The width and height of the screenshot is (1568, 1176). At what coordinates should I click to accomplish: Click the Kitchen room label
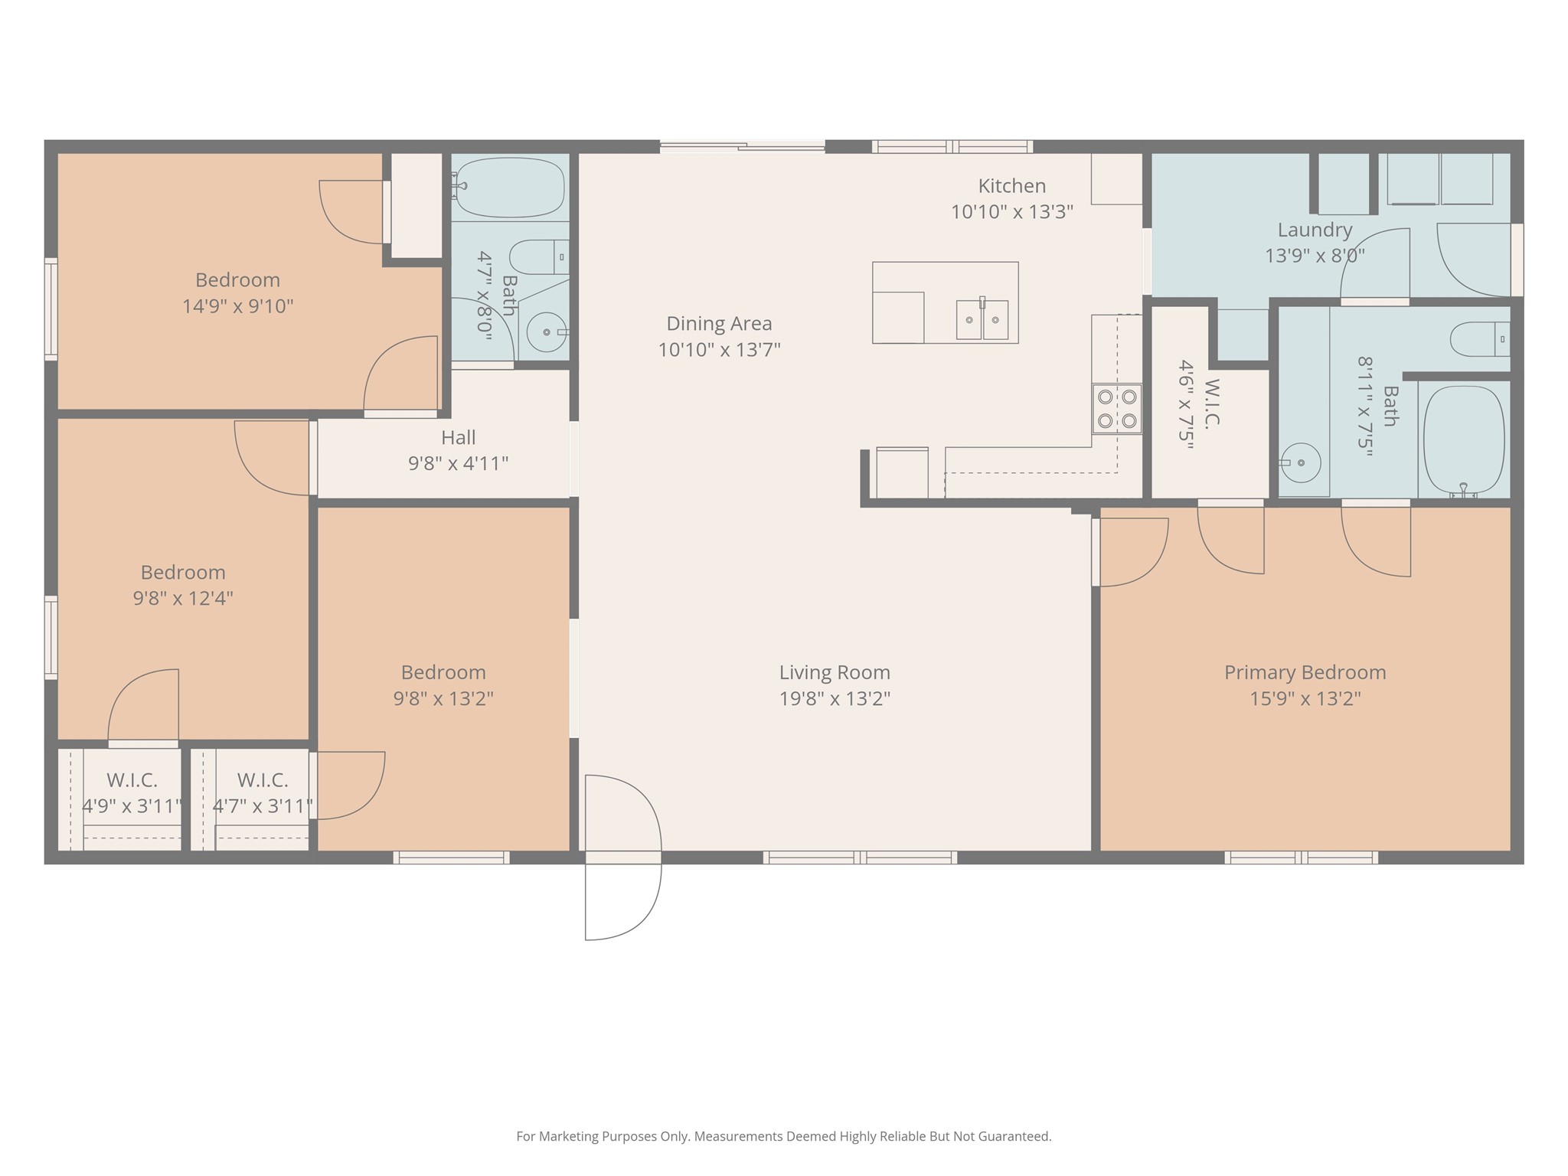[x=1011, y=186]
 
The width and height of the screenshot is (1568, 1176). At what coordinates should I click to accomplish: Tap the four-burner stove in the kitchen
[x=1117, y=409]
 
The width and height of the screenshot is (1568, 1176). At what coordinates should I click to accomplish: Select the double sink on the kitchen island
[x=982, y=319]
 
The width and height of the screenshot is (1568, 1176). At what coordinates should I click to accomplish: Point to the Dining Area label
[x=719, y=324]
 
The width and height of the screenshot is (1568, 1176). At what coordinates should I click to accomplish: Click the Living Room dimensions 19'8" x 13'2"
[x=835, y=698]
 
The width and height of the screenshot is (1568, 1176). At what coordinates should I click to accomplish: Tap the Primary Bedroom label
[x=1305, y=672]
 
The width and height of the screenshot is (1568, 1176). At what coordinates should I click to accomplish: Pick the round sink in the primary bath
[x=1301, y=462]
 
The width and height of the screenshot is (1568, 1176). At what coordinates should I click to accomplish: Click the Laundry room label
[x=1315, y=230]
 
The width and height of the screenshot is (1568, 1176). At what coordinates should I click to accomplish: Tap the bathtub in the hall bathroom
[x=510, y=188]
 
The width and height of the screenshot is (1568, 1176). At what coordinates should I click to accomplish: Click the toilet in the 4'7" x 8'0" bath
[x=539, y=257]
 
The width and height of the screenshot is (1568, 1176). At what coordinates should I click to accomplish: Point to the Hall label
[x=458, y=437]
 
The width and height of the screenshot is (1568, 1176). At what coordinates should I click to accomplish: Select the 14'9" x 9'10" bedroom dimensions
[x=237, y=306]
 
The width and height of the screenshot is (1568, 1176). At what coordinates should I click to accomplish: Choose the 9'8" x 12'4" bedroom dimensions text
[x=183, y=598]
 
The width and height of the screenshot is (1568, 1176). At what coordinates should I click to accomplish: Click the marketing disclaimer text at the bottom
[x=784, y=1136]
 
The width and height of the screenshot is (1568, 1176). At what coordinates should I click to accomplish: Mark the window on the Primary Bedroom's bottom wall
[x=1301, y=857]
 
